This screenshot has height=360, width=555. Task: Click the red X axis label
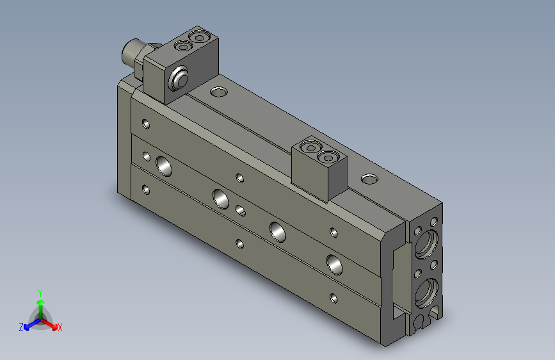coord(60,327)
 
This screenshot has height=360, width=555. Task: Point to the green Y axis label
coord(40,291)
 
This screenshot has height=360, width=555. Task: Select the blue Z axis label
coord(21,327)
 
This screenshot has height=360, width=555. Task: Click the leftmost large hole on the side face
coord(164,166)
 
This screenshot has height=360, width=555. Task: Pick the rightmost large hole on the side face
coord(335,262)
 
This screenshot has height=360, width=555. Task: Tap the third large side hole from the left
coord(278,230)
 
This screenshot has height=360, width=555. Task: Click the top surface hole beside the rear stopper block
coord(218,92)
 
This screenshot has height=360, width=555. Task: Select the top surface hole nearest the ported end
coord(369,179)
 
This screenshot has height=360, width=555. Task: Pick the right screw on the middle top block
coord(328,156)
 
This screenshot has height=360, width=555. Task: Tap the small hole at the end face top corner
coord(435,222)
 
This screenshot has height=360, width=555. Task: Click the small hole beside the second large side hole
coord(241,209)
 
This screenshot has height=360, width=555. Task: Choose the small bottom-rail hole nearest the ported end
coord(333,297)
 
